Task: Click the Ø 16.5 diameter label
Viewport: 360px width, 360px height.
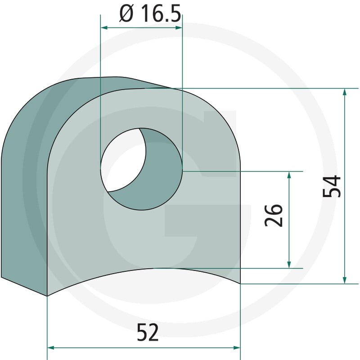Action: pos(150,14)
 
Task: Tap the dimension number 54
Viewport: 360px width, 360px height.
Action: pos(332,186)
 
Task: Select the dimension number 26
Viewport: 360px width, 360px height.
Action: pos(274,216)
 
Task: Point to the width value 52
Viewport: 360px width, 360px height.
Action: pos(148,332)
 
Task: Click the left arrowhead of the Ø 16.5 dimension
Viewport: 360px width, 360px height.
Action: pos(104,28)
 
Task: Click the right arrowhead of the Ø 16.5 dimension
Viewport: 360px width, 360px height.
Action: pos(179,28)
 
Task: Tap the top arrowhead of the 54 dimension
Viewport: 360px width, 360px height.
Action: pos(344,92)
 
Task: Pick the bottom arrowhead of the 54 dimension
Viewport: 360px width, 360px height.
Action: pos(344,280)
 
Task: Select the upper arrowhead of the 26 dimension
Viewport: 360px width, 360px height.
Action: pos(289,175)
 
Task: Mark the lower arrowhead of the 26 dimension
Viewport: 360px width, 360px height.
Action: pos(289,264)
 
